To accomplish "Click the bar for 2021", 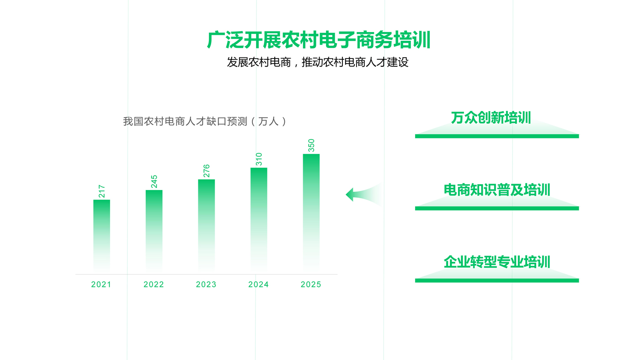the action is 101,236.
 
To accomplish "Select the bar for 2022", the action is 154,231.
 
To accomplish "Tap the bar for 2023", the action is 206,226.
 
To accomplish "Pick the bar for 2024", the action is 259,220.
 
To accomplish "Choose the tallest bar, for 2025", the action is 311,213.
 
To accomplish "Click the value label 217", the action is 101,191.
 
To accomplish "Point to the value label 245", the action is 154,181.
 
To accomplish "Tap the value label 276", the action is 206,171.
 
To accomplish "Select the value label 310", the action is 259,159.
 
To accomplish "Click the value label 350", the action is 311,145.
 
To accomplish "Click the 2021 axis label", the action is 101,284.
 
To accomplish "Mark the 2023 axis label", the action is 206,284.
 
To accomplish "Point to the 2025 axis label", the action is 311,284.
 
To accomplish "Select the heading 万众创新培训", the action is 491,117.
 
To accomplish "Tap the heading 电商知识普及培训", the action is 497,190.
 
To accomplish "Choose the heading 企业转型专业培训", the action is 497,262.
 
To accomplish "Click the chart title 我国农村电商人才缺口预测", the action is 185,122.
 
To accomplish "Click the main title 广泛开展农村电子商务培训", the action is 319,40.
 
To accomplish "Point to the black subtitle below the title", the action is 318,62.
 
